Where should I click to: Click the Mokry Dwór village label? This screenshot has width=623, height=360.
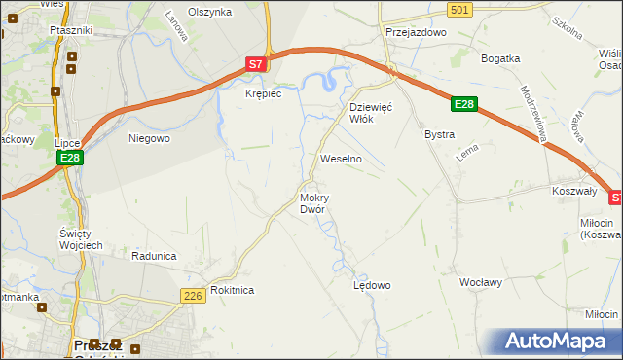coord(312,202)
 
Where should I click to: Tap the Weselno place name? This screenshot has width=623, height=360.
coord(342,158)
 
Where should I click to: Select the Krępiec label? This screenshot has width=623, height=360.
coord(263,93)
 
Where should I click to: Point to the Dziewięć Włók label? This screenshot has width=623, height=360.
coord(370,112)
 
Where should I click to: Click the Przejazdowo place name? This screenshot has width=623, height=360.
coord(415,31)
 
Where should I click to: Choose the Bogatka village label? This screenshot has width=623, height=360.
coord(501,58)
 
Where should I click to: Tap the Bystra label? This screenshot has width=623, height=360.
coord(439,133)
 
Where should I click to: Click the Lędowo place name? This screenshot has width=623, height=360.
coord(371,285)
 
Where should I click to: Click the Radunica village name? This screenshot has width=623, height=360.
coord(154,256)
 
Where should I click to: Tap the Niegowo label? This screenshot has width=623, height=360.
coord(150,138)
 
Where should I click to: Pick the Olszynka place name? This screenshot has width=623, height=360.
coord(210,12)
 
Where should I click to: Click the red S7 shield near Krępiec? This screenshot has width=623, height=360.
coord(255,64)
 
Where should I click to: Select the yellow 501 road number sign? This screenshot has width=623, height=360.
coord(461,9)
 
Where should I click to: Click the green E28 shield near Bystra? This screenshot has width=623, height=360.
coord(464,104)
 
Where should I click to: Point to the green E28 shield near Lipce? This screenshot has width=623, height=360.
coord(68,158)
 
